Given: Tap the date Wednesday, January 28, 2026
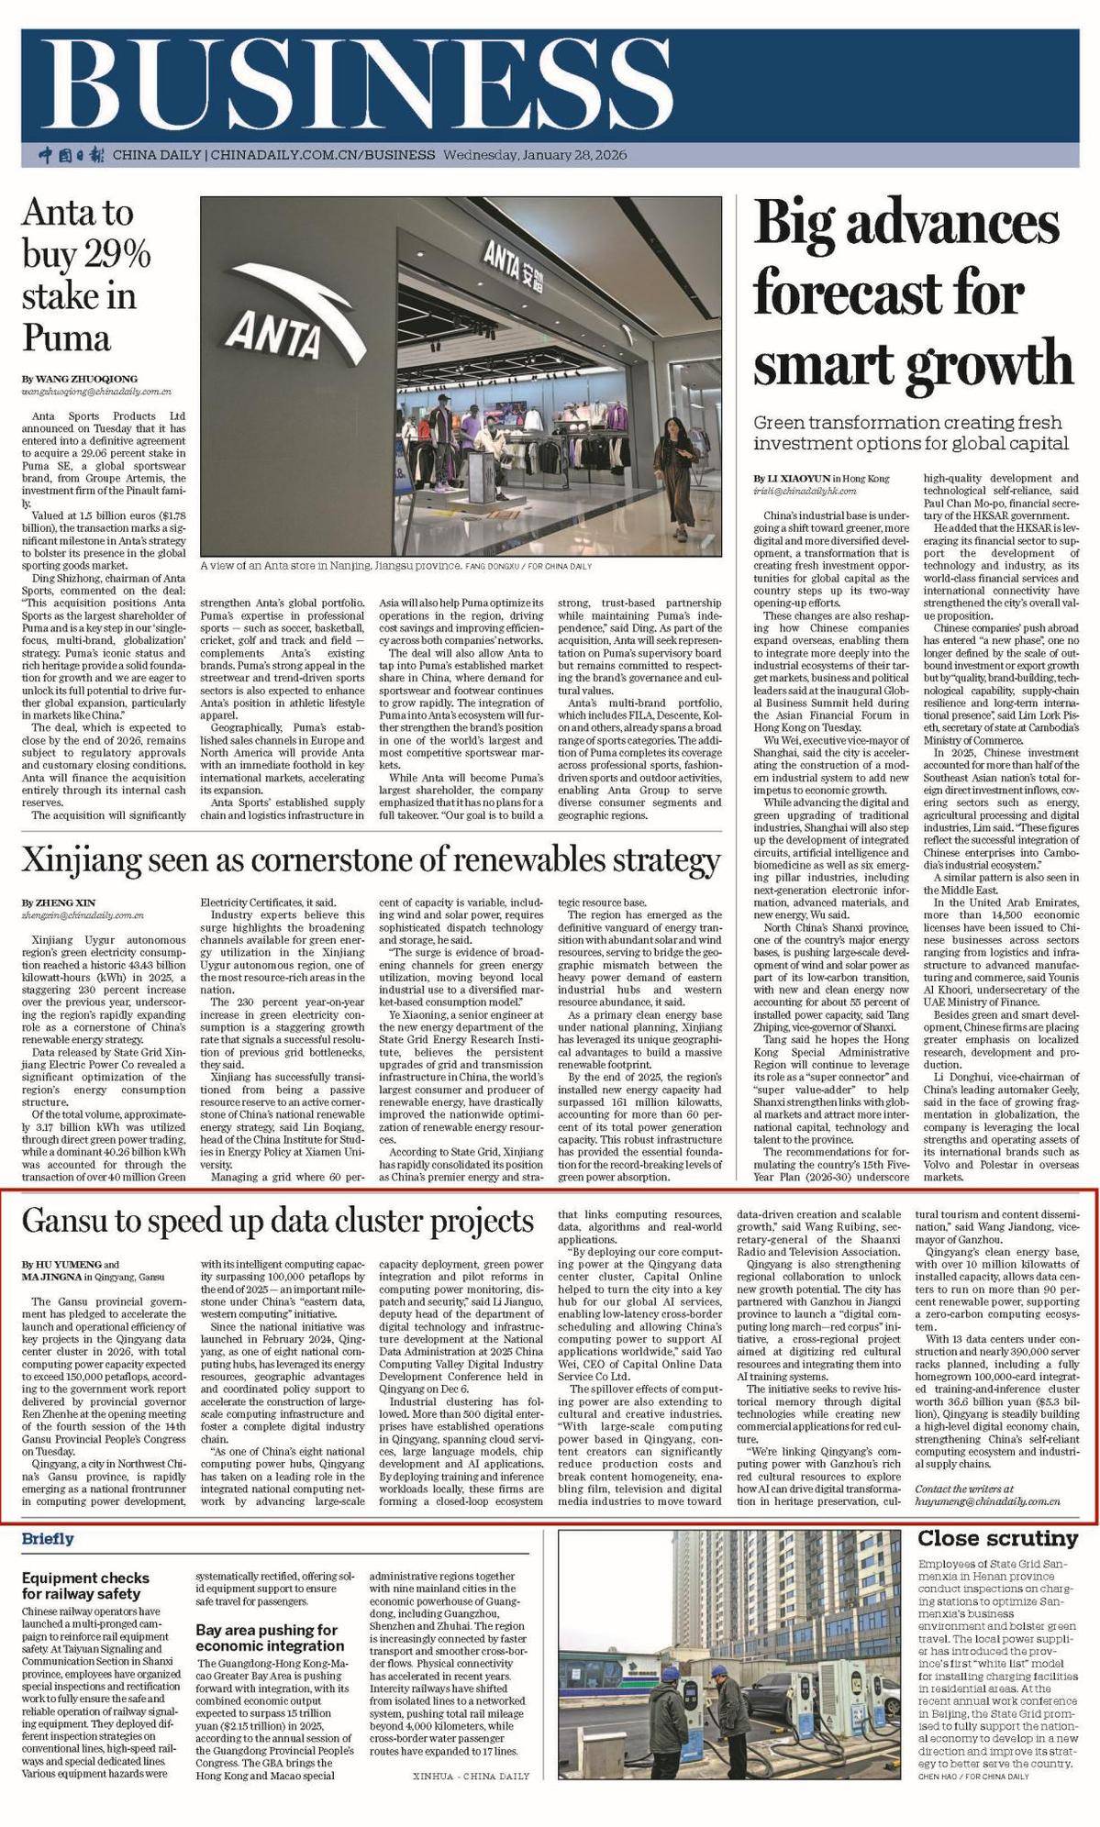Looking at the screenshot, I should pos(535,155).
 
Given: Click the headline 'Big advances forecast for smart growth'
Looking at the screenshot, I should pos(912,293).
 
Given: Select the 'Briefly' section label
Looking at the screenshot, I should pos(48,1179).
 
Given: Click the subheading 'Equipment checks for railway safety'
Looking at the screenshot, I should pos(85,1225).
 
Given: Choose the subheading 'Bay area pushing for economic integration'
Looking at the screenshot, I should pos(267,1278).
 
